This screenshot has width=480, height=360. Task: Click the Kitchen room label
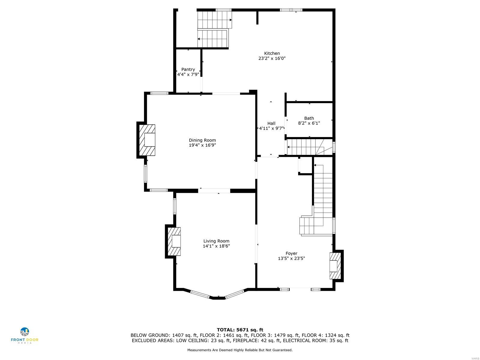[272, 53]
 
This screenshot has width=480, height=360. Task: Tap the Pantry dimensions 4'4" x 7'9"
[188, 74]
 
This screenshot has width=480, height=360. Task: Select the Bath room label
[309, 118]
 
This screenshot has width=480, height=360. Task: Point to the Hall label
[271, 123]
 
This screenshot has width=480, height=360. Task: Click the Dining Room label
[202, 140]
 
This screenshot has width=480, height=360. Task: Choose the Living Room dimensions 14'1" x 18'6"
[216, 246]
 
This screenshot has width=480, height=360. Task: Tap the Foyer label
[291, 253]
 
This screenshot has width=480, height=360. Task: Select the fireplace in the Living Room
[174, 241]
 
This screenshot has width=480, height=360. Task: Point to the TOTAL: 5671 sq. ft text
[240, 330]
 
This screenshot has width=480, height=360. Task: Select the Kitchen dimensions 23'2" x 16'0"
[272, 58]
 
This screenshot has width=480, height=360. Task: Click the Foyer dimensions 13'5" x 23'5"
[291, 258]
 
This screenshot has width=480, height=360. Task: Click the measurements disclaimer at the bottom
[240, 350]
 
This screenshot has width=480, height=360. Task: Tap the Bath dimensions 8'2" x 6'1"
[309, 123]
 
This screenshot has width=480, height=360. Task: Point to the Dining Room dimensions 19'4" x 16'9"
[202, 145]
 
